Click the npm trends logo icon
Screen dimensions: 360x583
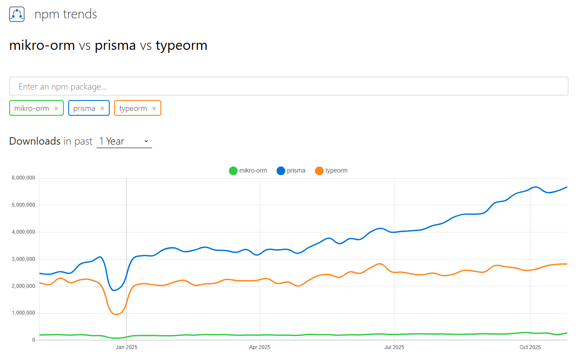[17, 14]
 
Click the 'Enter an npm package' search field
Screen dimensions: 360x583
[288, 87]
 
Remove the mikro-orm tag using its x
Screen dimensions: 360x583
[56, 108]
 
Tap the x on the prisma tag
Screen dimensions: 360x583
[102, 108]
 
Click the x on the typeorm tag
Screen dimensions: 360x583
[154, 108]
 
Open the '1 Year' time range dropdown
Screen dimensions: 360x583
[124, 141]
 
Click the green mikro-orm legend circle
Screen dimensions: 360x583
[233, 171]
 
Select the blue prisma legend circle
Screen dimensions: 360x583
[281, 171]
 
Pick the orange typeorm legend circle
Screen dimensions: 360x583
[319, 171]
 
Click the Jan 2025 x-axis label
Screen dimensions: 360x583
[126, 347]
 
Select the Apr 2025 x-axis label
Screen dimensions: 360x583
[260, 347]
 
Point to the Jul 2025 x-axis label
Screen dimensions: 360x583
[394, 347]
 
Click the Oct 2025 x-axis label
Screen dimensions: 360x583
[530, 347]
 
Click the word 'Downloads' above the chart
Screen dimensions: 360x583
[35, 141]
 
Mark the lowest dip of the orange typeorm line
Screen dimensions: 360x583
[116, 314]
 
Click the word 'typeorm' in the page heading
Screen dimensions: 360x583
[181, 45]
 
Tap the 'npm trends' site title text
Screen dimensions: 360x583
[66, 14]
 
